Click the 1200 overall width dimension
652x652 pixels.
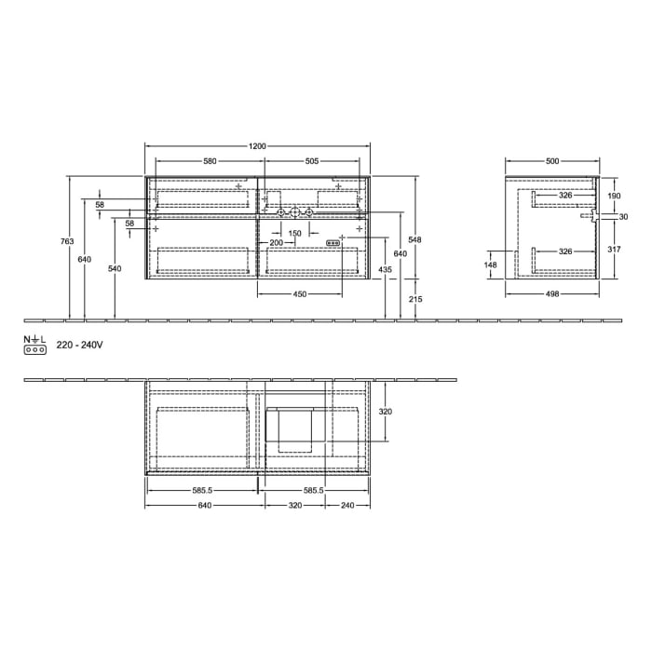coord(258,146)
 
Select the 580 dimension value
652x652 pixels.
coord(210,161)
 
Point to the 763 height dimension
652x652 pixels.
coord(67,242)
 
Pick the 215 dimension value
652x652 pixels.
coord(415,299)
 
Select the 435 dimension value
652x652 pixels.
coord(386,269)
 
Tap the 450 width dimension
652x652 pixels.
coord(300,294)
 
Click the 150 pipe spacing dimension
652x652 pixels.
coord(294,232)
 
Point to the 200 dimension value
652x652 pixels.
coord(276,242)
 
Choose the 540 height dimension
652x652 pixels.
coord(115,268)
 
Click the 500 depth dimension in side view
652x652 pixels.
coord(552,161)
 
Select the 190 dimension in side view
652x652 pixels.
coord(613,197)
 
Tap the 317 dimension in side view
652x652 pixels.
coord(613,249)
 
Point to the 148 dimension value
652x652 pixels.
coord(491,265)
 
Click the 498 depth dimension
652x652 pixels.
coord(552,294)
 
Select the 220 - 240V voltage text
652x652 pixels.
coord(79,345)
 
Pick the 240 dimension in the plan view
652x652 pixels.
coord(347,506)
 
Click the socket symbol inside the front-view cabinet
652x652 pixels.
coord(333,243)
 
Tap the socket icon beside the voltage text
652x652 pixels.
coord(34,349)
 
